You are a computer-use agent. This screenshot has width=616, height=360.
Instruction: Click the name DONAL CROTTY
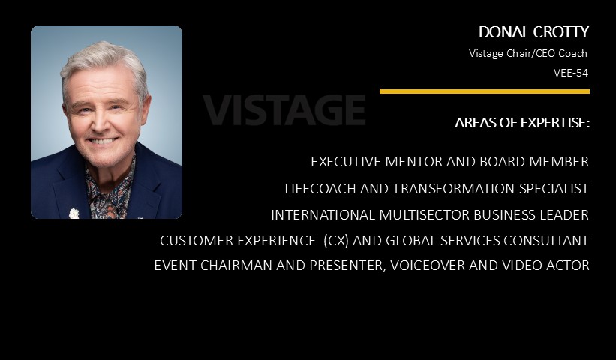tap(533, 32)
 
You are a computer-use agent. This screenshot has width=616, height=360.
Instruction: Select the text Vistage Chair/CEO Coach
tap(528, 53)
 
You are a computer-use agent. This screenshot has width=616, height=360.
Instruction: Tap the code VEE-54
tap(571, 73)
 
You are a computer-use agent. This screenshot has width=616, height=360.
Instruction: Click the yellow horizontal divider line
tap(485, 91)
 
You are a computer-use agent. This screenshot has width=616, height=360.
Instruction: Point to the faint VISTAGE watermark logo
tap(284, 110)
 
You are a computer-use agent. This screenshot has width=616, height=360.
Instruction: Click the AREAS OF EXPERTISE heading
tap(522, 123)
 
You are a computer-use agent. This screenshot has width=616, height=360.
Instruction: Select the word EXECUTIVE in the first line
tap(346, 162)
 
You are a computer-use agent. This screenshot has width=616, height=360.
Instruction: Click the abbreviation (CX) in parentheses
tap(336, 240)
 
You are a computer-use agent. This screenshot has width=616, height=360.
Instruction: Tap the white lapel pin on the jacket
tap(74, 214)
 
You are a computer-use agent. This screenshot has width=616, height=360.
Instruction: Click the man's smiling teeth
tap(102, 141)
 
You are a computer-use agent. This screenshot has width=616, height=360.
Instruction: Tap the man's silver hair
tap(103, 59)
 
